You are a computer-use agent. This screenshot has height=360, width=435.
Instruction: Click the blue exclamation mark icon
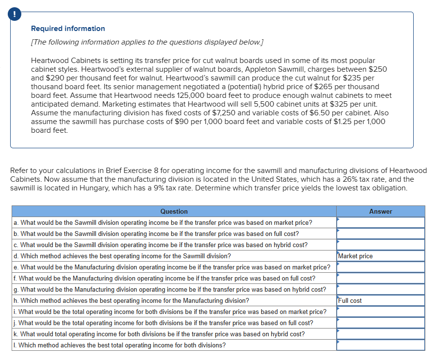click(x=15, y=15)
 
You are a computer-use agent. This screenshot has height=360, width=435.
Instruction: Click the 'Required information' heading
click(x=68, y=29)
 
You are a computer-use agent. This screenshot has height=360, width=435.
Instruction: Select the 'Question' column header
click(x=174, y=211)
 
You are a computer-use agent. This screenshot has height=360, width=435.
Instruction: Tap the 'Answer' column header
click(x=380, y=211)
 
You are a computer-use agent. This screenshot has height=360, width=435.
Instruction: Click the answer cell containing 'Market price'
click(x=380, y=256)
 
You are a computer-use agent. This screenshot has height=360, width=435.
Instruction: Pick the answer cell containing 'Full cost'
click(x=380, y=300)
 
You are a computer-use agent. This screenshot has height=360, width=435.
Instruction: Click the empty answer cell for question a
click(x=380, y=222)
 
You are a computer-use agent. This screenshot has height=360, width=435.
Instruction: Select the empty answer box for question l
click(x=380, y=345)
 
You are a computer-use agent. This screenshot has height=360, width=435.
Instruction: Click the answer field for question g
click(x=380, y=289)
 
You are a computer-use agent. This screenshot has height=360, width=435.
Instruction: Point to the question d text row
click(x=123, y=256)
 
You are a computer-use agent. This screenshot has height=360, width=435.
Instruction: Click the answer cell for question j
click(x=380, y=323)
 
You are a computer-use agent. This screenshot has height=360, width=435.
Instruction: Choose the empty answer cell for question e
click(x=380, y=267)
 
